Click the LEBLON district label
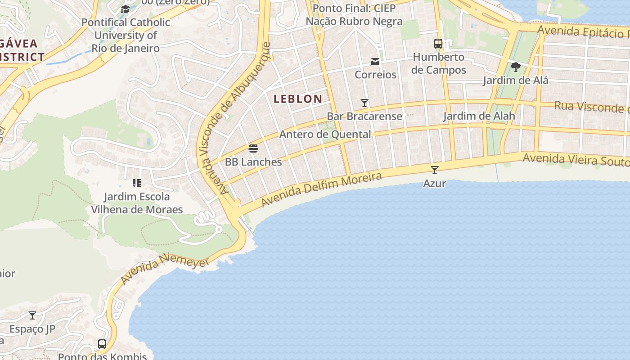pos(298,99)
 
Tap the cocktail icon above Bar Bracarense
pos(364,103)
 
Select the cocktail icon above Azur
pos(435,170)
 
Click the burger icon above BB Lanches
pos(253,148)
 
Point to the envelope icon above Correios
pos(375,62)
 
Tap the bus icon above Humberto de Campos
pos(438,44)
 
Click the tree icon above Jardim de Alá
pos(516,67)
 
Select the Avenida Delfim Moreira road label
pos(321,189)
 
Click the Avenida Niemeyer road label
pos(165,269)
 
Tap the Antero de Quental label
pos(325,134)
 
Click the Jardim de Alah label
pos(479,116)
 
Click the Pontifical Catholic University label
pos(126,35)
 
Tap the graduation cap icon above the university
pos(125,9)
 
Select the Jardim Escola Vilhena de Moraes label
pos(137,203)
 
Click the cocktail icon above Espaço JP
pos(32,315)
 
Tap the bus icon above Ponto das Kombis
pos(102,344)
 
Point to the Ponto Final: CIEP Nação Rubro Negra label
pos(354,15)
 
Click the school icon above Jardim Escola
pos(137,183)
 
